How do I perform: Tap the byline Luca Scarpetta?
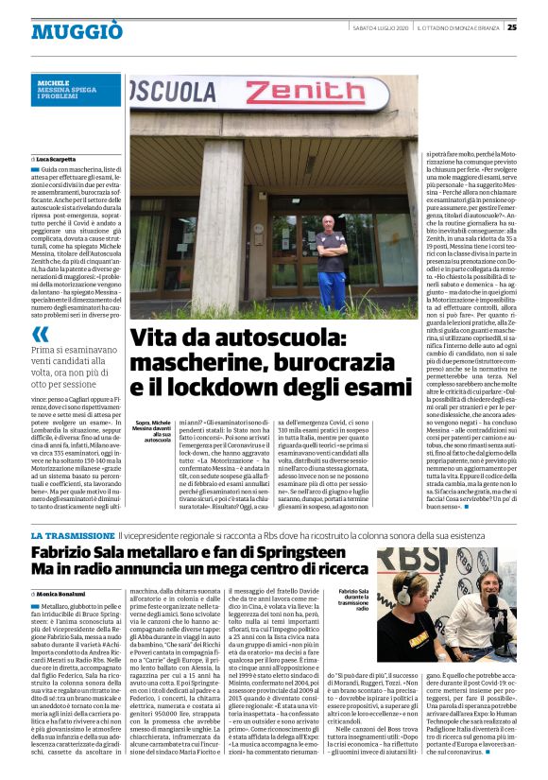(60, 157)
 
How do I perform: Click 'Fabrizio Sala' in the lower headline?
(76, 554)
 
